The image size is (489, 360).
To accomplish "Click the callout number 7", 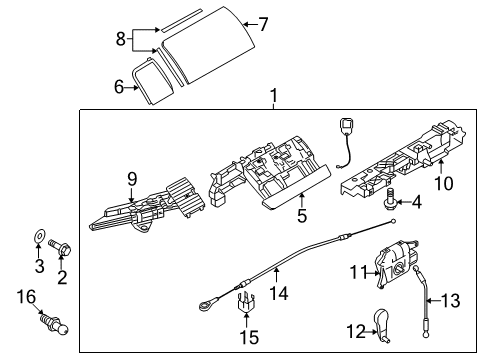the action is point(263,24).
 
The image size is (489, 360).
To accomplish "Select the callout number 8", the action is point(121,39).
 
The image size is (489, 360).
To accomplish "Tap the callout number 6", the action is point(119,87).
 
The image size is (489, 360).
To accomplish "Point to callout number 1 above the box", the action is point(274,96).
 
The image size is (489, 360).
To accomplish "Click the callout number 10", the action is point(444,184).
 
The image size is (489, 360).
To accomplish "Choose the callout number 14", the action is point(278,294).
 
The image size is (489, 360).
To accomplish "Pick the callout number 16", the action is point(26,297).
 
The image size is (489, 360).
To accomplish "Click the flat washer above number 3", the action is point(39,236).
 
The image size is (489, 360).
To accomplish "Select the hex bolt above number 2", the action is point(60,249).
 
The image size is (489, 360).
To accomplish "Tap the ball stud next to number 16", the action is point(55,323).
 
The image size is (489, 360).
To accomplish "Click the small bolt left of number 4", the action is point(389,200).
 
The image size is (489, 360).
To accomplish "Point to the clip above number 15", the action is point(247,303).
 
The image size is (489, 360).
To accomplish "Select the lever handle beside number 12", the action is point(383,325).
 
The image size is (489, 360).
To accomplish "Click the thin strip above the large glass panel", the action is point(182,20).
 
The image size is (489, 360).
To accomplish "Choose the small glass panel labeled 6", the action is point(153,81).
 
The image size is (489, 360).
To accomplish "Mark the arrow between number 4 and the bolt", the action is point(403,202).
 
